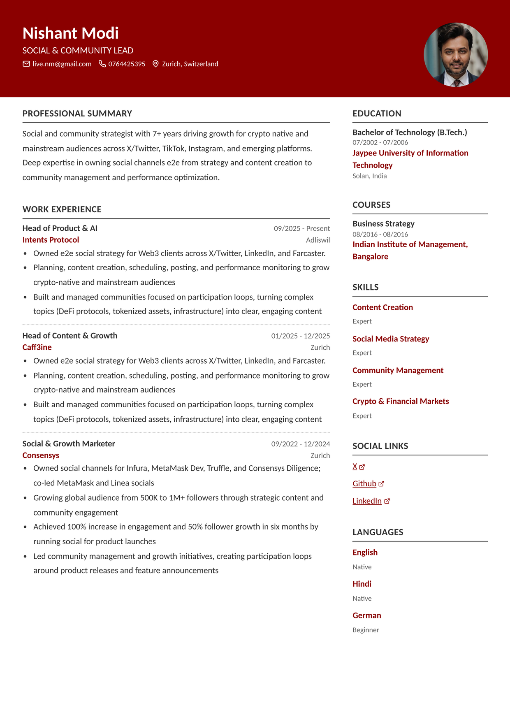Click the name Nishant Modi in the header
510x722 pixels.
[71, 33]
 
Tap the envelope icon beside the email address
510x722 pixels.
[26, 64]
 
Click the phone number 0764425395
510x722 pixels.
[127, 64]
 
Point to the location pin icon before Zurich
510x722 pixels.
[155, 64]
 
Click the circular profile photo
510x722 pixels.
[456, 55]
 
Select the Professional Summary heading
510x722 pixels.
[77, 114]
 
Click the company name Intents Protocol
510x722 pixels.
[51, 240]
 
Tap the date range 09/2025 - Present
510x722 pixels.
[301, 228]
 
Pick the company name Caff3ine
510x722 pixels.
[37, 347]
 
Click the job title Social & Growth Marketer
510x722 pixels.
[69, 443]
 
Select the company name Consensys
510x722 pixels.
[41, 455]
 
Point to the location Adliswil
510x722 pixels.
[318, 240]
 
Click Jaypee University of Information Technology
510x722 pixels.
[410, 159]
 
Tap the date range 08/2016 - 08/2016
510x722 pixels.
[380, 234]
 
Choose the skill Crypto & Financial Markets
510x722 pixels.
[401, 401]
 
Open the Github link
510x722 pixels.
[364, 484]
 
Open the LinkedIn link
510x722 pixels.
[367, 501]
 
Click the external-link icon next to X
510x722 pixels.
[362, 467]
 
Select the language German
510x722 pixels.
[366, 615]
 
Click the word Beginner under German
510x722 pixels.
[366, 630]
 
